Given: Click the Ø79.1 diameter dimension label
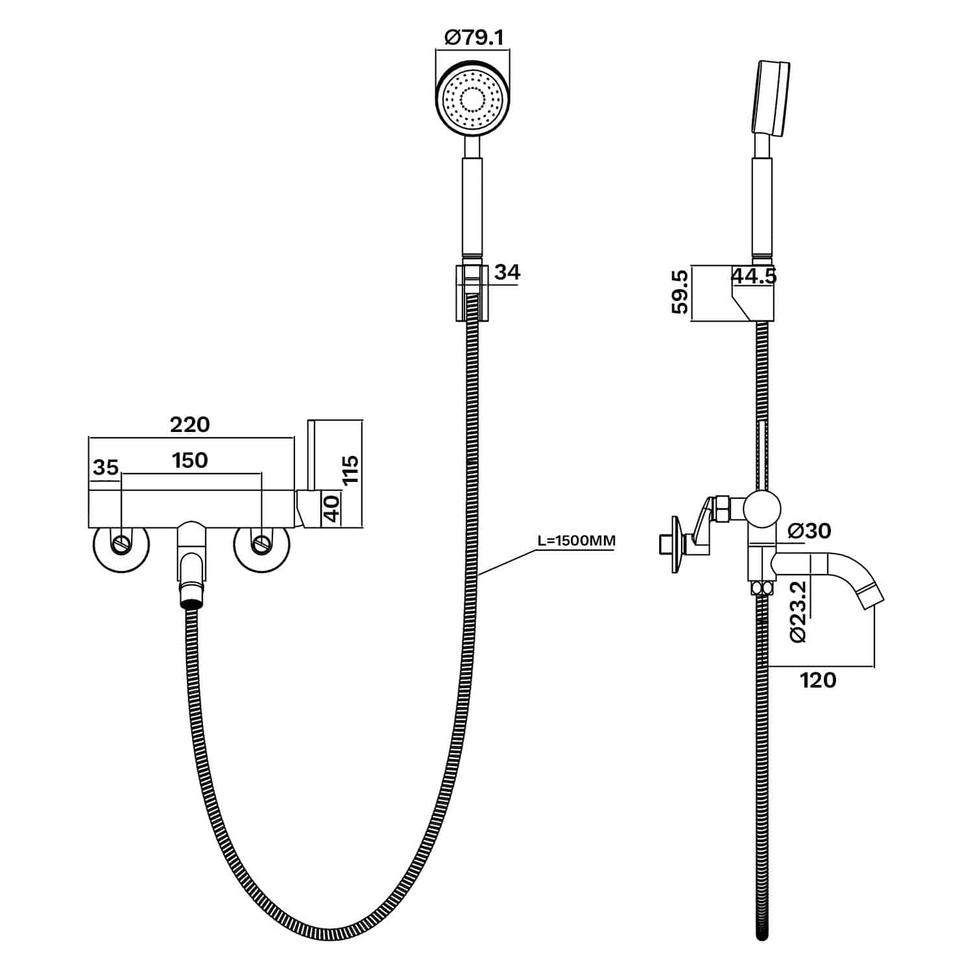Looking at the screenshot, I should [474, 38].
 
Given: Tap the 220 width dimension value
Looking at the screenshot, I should [190, 424].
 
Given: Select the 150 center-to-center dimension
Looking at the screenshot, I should [190, 460].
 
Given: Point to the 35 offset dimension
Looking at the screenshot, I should [106, 467].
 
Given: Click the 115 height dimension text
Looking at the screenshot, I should [350, 470].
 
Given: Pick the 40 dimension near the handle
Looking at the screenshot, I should [331, 509].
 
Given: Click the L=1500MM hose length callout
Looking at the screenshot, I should [576, 540].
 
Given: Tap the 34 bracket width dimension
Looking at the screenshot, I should [507, 272].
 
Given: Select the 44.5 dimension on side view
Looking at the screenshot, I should [754, 276].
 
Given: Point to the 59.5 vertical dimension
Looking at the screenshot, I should [680, 293].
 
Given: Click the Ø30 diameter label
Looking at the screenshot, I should [809, 531].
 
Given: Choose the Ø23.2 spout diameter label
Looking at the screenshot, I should [799, 611].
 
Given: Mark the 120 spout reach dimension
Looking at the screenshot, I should [818, 680].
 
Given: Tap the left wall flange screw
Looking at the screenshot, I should [121, 544].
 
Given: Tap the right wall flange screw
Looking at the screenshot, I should [261, 544].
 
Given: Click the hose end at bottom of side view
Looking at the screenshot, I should [762, 934].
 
